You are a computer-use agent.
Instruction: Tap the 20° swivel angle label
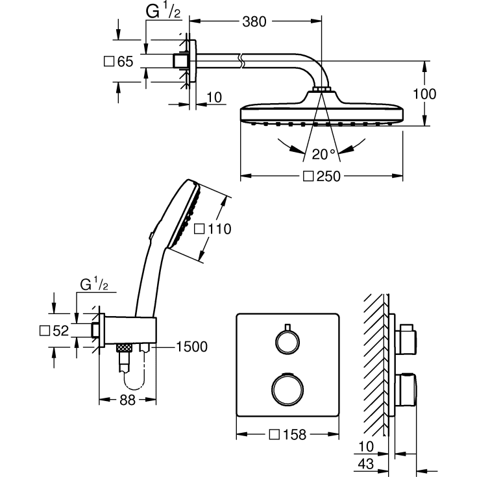[x=323, y=154]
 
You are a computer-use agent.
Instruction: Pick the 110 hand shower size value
[x=214, y=228]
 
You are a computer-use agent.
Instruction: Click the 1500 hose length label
[x=191, y=347]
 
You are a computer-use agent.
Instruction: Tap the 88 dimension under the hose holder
[x=127, y=400]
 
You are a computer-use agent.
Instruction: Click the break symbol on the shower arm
[x=241, y=62]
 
